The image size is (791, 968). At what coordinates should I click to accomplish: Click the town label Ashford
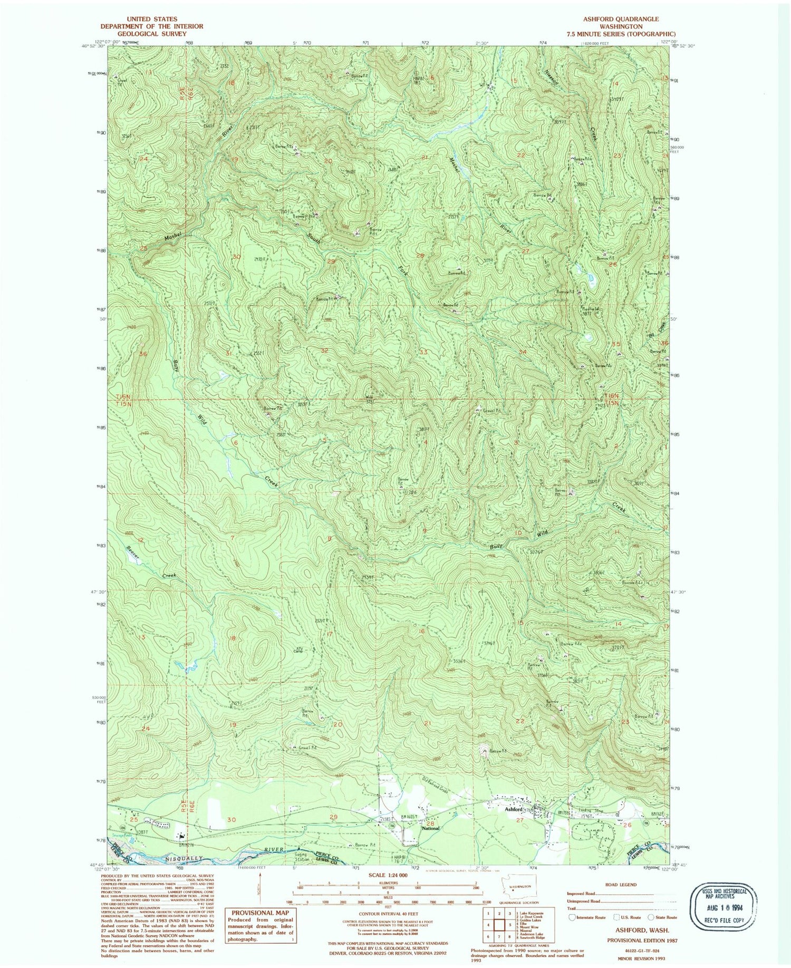[513, 808]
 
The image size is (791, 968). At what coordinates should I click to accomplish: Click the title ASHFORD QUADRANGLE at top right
[620, 19]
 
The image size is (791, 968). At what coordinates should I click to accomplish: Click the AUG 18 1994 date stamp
[724, 905]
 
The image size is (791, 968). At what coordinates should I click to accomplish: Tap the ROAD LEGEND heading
[621, 884]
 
